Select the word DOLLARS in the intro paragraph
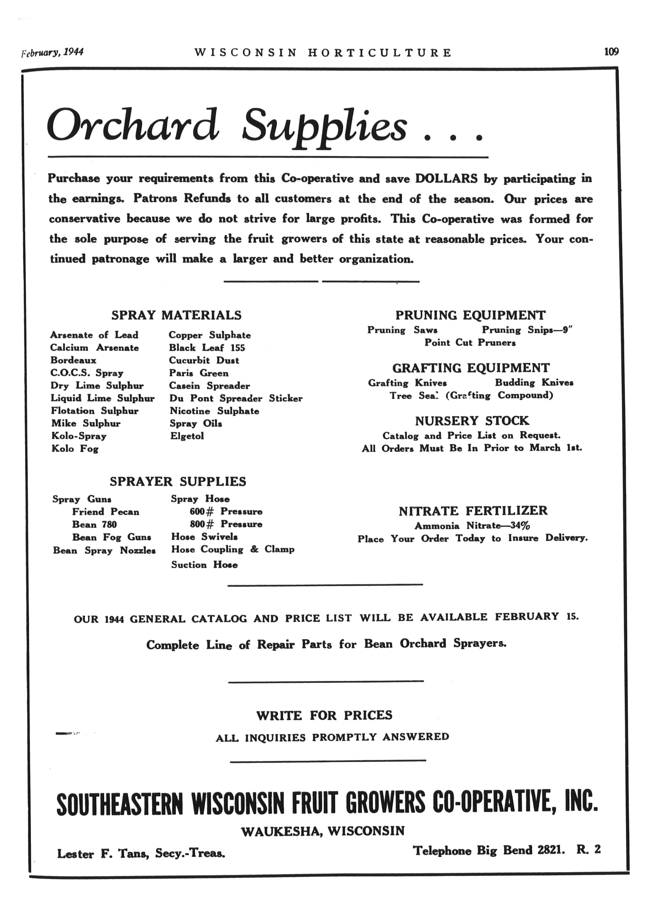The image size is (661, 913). coord(446,178)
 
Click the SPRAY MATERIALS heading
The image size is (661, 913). coord(176,315)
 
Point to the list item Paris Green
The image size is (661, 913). coord(199,373)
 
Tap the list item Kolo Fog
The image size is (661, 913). coord(75,448)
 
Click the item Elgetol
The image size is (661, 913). coord(187,436)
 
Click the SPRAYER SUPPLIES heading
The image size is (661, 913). coord(178,481)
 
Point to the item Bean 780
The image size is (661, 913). coord(94,524)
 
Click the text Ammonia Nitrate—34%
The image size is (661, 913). coord(472,525)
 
